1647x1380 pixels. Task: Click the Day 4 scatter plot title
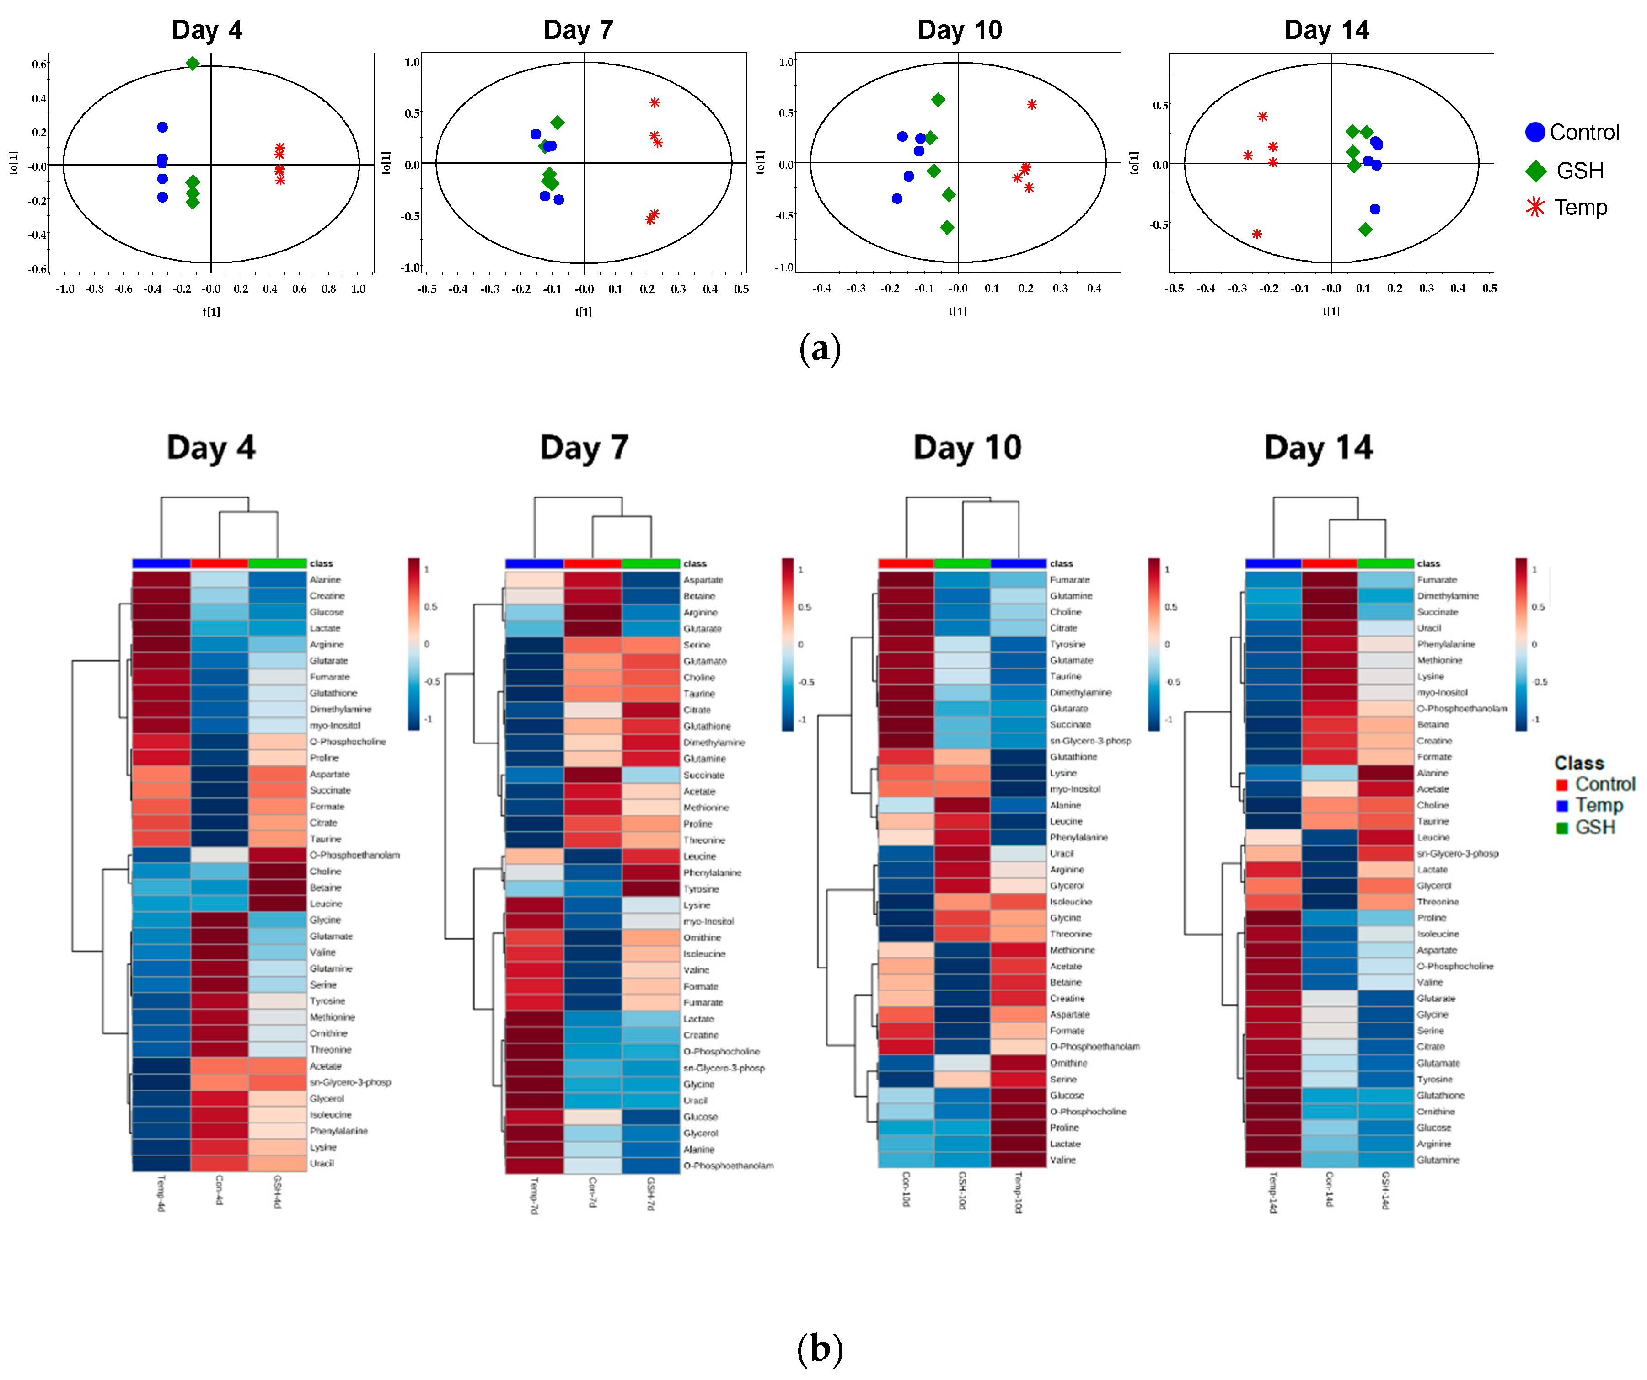pos(207,30)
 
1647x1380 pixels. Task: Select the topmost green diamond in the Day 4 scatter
pos(192,63)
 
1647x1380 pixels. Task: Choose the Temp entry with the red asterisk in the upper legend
pos(1580,208)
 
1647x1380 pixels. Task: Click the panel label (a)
pos(820,348)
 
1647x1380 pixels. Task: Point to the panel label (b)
pos(820,1348)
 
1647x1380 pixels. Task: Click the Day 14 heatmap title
pos(1319,448)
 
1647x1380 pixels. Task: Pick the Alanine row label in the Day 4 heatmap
pos(325,579)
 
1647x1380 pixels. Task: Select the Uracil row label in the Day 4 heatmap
pos(322,1164)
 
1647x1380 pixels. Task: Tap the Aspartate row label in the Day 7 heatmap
pos(703,579)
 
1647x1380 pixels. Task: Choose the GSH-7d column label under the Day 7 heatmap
pos(650,1193)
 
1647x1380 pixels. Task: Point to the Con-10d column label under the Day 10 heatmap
pos(906,1189)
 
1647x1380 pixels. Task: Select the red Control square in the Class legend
pos(1561,785)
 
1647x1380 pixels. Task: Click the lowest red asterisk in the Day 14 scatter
pos(1257,234)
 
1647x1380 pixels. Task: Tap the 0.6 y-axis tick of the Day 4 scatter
pos(38,64)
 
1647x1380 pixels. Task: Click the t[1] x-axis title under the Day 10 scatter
pos(958,311)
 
